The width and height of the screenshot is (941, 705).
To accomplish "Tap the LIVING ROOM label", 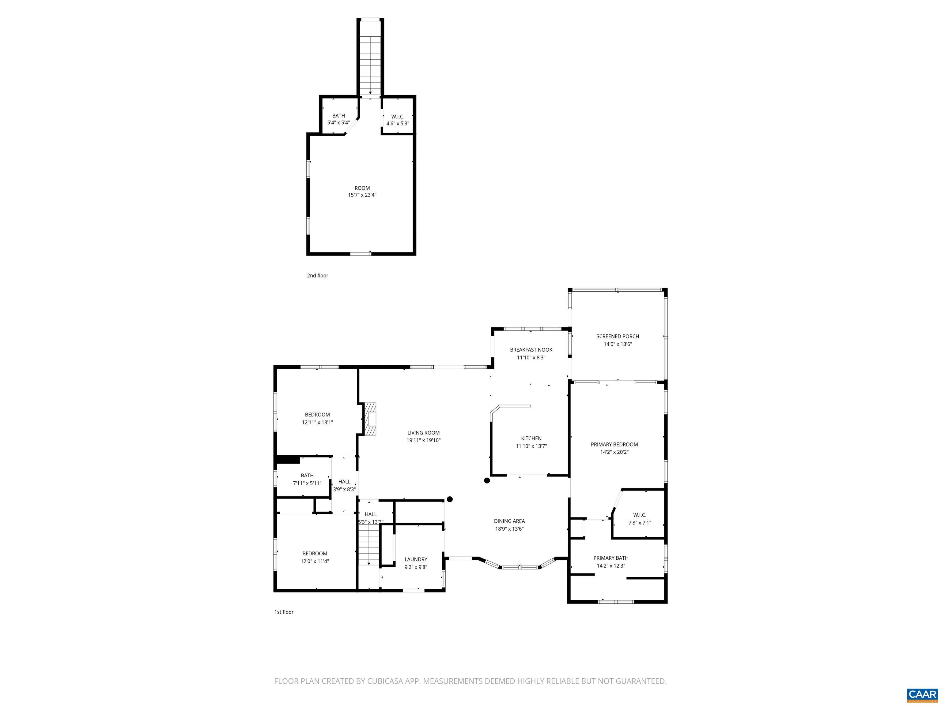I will (x=423, y=433).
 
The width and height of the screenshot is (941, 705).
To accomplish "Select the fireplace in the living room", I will (x=371, y=419).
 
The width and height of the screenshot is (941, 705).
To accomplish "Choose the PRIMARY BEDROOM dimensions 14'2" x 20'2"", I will (x=614, y=452).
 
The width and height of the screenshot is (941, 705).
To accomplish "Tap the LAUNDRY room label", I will (x=416, y=559).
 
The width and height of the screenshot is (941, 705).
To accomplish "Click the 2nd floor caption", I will (x=317, y=275).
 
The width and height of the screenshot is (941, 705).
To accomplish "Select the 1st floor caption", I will (x=284, y=612).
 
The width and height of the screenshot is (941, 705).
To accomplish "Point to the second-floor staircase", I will (x=370, y=64).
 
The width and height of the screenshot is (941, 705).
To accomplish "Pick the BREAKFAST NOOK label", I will (x=531, y=350).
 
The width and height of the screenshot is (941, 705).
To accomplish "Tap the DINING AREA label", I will (x=509, y=521).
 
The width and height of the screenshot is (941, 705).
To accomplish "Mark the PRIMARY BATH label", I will (x=610, y=558).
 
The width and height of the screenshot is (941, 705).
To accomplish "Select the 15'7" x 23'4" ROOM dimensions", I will (x=362, y=195).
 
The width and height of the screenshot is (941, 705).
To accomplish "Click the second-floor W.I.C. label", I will (x=397, y=117).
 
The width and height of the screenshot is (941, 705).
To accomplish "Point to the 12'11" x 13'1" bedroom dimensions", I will (x=317, y=422).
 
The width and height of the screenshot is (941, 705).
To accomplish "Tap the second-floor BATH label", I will (x=338, y=116).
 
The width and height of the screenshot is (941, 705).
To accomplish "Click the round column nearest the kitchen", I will (x=487, y=481).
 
